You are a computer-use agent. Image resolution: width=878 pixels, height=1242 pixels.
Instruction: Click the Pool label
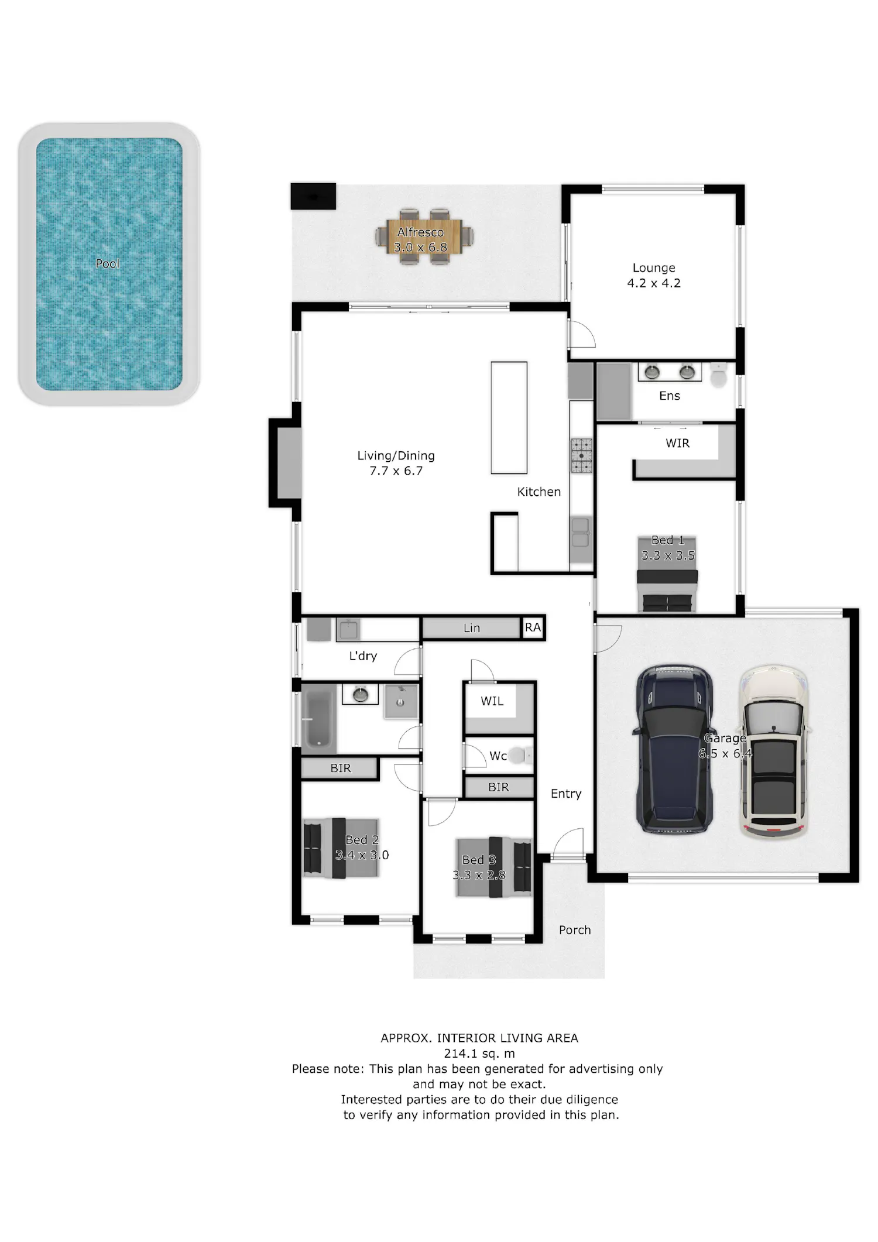108,263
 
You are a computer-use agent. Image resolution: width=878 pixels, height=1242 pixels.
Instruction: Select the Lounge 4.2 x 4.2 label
654,275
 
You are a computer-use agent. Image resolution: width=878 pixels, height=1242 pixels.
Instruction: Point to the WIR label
677,443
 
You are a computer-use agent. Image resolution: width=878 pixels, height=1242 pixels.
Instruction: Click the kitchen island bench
509,417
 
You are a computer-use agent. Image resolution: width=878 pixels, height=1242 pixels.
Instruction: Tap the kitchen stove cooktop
581,455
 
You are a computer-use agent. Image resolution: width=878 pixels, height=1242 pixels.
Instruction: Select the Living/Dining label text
396,455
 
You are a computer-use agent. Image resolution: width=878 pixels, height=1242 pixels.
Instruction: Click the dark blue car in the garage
674,749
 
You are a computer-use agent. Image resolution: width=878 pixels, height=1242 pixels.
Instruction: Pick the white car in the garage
774,751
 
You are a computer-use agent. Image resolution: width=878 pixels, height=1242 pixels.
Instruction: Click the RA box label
533,627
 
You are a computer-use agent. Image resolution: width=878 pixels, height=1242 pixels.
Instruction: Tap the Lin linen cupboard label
472,628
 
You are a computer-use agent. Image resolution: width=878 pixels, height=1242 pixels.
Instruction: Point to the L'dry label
363,656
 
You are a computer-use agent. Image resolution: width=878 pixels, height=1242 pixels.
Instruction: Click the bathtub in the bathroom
318,719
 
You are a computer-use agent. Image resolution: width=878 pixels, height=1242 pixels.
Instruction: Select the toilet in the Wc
518,756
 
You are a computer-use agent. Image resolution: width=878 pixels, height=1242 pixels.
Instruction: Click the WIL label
492,701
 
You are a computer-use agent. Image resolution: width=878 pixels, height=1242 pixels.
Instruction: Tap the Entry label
566,794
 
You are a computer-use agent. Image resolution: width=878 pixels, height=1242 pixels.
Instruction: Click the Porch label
575,930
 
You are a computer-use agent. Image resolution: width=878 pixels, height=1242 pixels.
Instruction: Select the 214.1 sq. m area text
479,1054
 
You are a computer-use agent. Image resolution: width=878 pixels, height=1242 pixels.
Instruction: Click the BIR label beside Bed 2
341,768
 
